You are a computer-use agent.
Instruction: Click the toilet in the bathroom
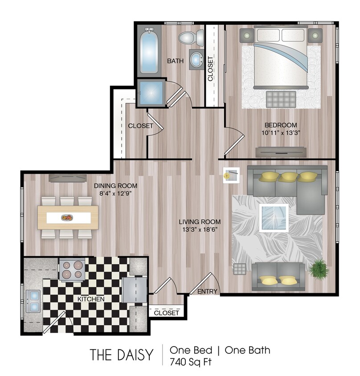[x=191, y=37]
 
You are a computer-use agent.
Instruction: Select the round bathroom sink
[x=196, y=60]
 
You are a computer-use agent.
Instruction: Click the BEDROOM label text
[x=281, y=125]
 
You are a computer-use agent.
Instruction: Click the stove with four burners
[x=72, y=270]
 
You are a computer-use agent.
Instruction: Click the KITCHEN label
[x=91, y=299]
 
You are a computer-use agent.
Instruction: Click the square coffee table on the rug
[x=274, y=218]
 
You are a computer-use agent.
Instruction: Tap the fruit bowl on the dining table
[x=68, y=217]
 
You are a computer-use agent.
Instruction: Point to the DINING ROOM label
[x=115, y=186]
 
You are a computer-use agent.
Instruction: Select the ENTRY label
[x=207, y=292]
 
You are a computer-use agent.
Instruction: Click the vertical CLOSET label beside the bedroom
[x=210, y=68]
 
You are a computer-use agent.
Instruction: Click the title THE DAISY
[x=121, y=355]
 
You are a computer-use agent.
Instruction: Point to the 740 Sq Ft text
[x=190, y=361]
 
